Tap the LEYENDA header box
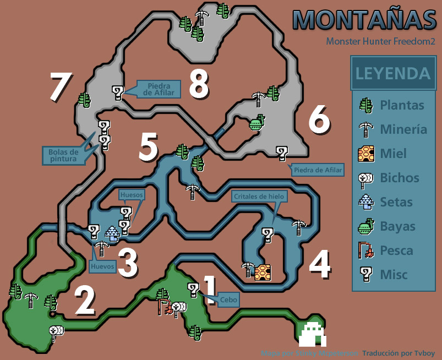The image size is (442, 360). point(392,73)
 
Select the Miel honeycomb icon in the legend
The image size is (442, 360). point(366,154)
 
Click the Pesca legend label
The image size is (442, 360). point(396,250)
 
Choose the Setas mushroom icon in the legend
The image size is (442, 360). point(366,202)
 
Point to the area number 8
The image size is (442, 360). point(198,84)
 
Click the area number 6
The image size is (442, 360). point(319,119)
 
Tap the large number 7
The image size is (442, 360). point(60,87)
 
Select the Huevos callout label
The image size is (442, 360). point(102,266)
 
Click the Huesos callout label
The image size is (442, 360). point(132,194)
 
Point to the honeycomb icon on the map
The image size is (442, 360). point(263,271)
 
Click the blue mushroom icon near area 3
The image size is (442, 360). point(112,234)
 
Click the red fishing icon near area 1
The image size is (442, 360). point(162,306)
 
